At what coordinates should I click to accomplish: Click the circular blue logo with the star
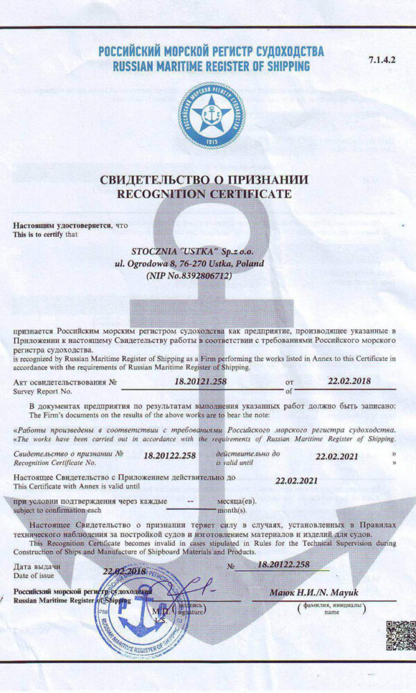(211, 115)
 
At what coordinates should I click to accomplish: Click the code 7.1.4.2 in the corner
(381, 60)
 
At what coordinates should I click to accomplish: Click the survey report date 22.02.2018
(349, 380)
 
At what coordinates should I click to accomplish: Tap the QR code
(399, 636)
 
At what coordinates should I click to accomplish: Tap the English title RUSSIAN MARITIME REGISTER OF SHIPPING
(211, 67)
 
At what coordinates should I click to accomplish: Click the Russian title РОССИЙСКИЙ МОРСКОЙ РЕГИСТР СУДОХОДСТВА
(211, 52)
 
